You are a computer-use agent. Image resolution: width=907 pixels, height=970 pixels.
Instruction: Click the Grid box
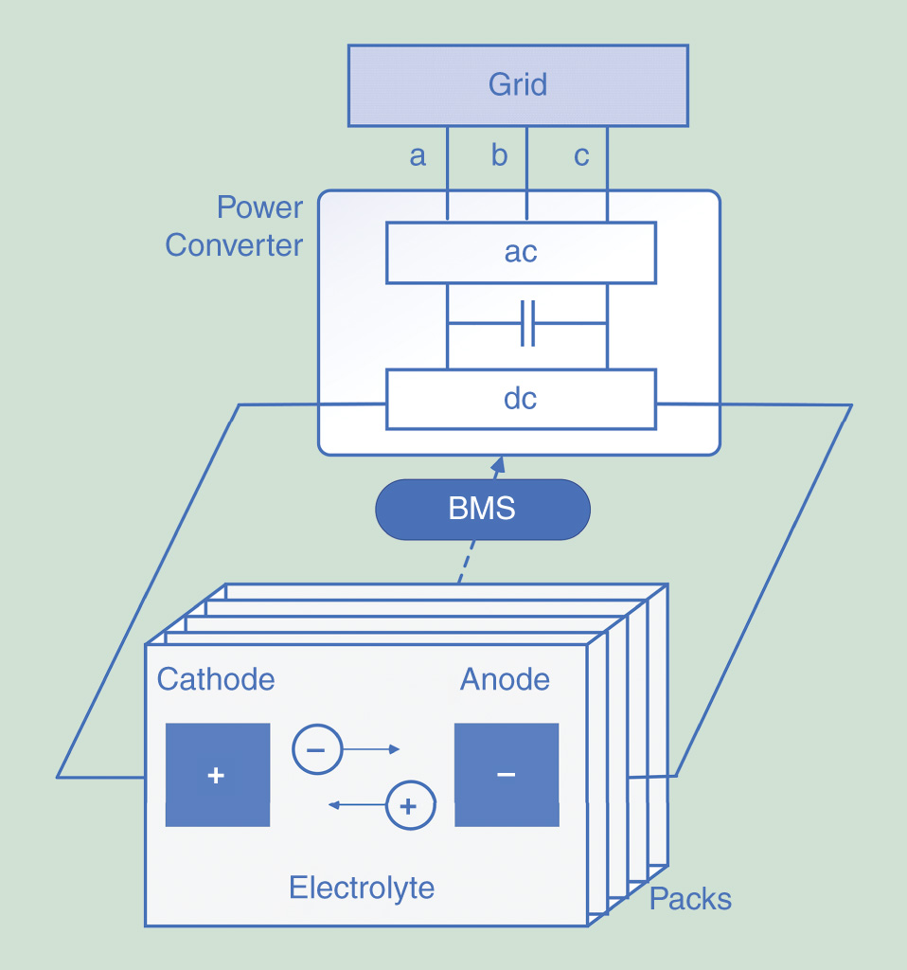tap(518, 85)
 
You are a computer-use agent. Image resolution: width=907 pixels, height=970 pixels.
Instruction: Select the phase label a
tap(418, 156)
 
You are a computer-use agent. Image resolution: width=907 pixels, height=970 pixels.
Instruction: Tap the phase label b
tap(499, 156)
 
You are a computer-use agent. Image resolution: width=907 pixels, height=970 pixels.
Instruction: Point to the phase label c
tap(581, 156)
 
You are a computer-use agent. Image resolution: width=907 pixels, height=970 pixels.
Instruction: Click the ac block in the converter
tap(521, 253)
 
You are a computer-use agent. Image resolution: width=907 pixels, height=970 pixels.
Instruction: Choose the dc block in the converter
tap(521, 400)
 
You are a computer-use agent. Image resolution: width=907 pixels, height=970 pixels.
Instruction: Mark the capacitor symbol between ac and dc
tap(527, 324)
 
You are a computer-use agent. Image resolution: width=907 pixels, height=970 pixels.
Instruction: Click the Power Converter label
tap(234, 226)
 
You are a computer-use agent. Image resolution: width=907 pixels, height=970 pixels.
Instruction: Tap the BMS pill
tap(482, 510)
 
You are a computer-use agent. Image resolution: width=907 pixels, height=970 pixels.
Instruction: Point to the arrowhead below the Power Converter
tap(497, 463)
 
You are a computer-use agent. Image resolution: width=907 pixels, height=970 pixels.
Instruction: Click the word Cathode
tap(216, 679)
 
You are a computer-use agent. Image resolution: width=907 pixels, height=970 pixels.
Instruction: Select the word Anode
tap(505, 679)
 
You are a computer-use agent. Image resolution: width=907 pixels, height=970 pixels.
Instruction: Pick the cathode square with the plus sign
tap(217, 775)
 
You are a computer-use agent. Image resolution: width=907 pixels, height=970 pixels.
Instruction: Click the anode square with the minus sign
tap(507, 775)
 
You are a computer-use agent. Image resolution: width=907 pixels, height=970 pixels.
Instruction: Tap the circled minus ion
tap(316, 749)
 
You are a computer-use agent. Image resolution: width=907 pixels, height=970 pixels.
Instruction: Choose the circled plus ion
tap(409, 806)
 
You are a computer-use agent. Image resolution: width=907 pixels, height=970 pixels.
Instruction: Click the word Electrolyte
tap(362, 888)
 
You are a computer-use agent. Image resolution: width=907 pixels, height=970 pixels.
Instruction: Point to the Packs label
tap(690, 899)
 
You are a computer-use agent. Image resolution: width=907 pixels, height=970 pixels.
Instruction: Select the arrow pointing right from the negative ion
tap(371, 749)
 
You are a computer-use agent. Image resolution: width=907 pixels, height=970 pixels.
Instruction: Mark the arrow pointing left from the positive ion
tap(357, 806)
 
